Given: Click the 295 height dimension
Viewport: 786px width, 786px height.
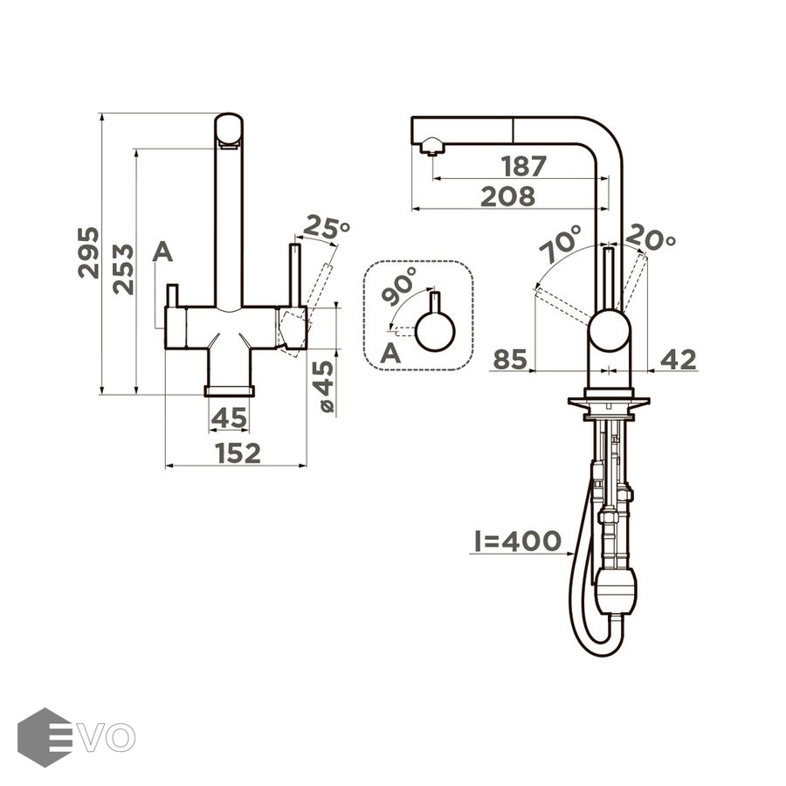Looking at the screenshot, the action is point(88,252).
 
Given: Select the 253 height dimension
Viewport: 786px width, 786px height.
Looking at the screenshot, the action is point(123,269).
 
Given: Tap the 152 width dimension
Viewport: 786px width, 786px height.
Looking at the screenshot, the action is point(238,453).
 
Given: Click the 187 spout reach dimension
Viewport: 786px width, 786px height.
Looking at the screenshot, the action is point(524,167).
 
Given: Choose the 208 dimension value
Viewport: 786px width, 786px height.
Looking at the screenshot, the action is point(507,196).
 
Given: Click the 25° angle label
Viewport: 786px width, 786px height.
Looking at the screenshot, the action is point(327,226).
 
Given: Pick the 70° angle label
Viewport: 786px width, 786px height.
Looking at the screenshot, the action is point(561,244).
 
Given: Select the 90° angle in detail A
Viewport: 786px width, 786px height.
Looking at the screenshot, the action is point(399,286).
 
